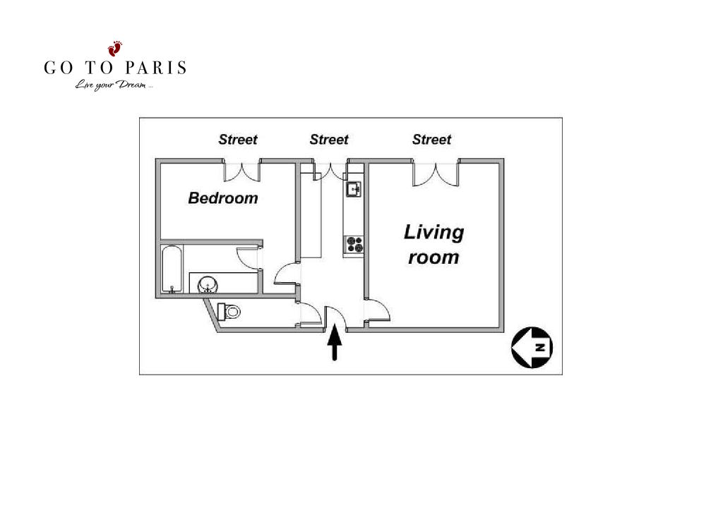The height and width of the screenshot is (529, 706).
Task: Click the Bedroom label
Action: (223, 198)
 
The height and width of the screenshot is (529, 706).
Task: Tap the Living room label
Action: (433, 245)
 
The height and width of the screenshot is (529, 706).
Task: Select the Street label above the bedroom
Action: (238, 140)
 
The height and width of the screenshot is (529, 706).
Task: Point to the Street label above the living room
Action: (431, 140)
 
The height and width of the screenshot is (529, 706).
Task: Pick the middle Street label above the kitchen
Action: (329, 140)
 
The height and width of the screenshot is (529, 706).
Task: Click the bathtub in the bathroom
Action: (172, 269)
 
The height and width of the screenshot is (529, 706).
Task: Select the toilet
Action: (229, 311)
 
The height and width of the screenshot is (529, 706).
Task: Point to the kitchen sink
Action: (354, 189)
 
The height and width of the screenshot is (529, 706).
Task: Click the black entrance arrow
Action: (335, 342)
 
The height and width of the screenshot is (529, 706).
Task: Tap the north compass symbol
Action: (532, 347)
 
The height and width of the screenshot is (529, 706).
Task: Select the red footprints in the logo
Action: (115, 48)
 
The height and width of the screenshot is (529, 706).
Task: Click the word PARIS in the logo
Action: (155, 68)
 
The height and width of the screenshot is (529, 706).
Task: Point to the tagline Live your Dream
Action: (114, 85)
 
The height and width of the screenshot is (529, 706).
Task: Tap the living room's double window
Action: (436, 174)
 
